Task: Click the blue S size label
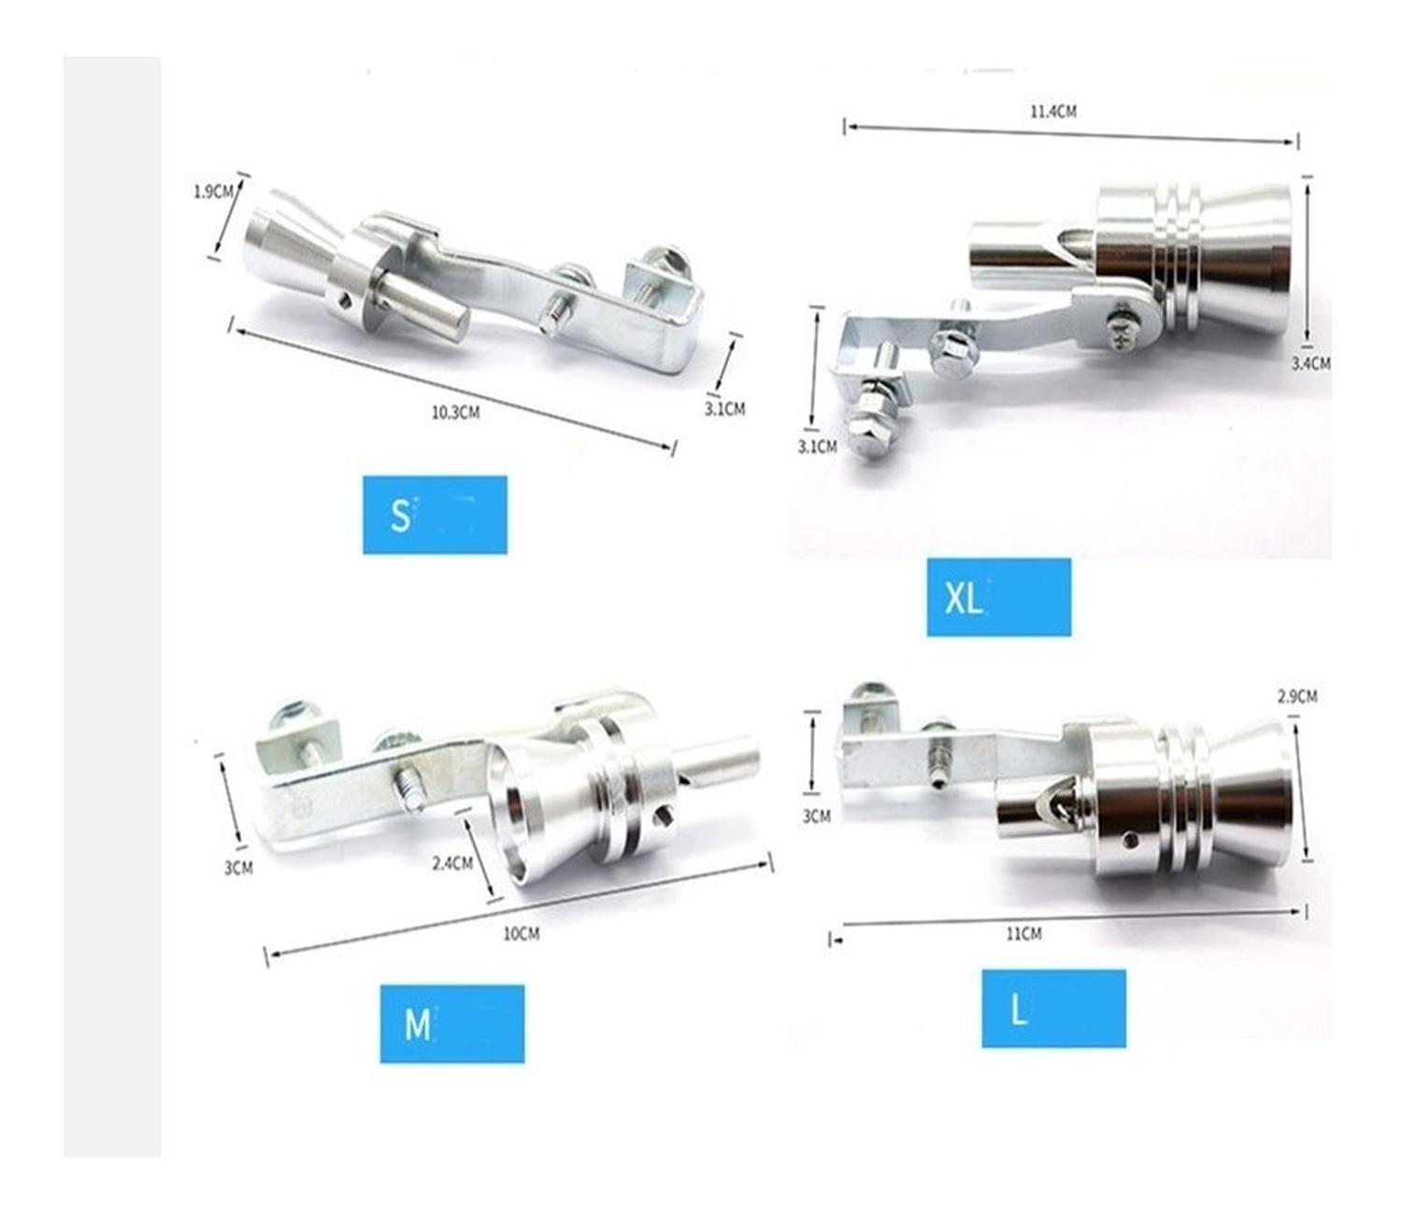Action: click(434, 515)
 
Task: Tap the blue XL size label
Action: click(998, 597)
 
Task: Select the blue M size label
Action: click(451, 1023)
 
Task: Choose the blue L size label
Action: click(1054, 1008)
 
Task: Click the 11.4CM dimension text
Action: click(1053, 111)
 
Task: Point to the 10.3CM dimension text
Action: click(456, 412)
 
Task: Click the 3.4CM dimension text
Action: click(1310, 364)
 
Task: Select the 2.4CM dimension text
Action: click(452, 863)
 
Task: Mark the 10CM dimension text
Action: click(522, 934)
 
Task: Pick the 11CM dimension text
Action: click(1023, 934)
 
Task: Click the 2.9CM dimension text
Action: click(1297, 696)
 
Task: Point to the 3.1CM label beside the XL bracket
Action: click(817, 447)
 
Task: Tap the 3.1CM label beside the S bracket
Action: click(724, 409)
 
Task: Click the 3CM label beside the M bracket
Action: click(238, 867)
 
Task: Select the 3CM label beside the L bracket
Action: click(817, 817)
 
